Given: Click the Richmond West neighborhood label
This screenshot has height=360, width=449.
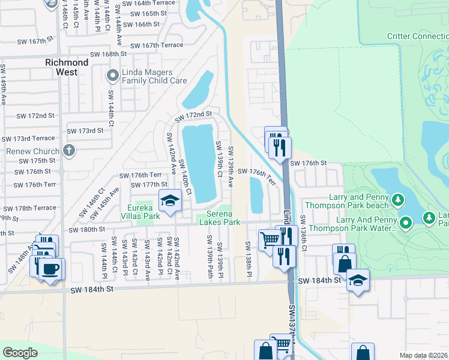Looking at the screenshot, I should [67, 67].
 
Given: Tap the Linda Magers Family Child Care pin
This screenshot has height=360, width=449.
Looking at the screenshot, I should [112, 76].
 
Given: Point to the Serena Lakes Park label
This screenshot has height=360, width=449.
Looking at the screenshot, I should [223, 218].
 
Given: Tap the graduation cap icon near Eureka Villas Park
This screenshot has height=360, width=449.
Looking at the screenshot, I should [170, 201].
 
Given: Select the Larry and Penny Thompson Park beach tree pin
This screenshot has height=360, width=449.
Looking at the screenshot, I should [397, 199].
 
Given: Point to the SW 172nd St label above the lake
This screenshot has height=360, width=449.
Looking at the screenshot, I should [193, 115].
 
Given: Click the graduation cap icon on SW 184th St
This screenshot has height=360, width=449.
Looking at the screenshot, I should [358, 280].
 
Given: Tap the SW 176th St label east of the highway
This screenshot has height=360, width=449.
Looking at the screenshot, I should [308, 163].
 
